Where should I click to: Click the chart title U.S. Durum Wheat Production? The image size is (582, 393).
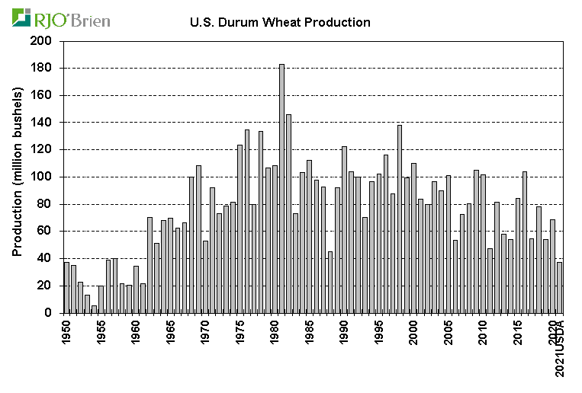pos(280,22)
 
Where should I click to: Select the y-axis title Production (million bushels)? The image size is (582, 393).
pos(17,171)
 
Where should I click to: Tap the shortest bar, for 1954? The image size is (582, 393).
pos(94,309)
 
